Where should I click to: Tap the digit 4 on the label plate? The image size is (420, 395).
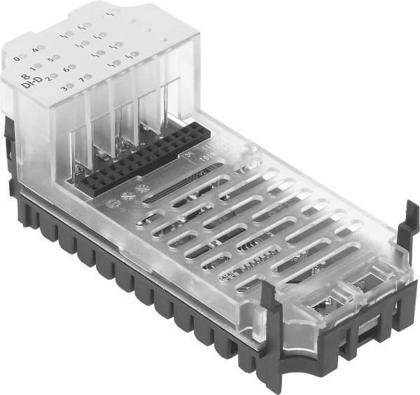pyautogui.click(x=34, y=49)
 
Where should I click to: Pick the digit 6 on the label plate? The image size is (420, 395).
pyautogui.click(x=66, y=69)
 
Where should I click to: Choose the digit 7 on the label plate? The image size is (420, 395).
pyautogui.click(x=81, y=78)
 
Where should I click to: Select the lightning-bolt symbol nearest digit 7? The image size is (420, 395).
pyautogui.click(x=111, y=64)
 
